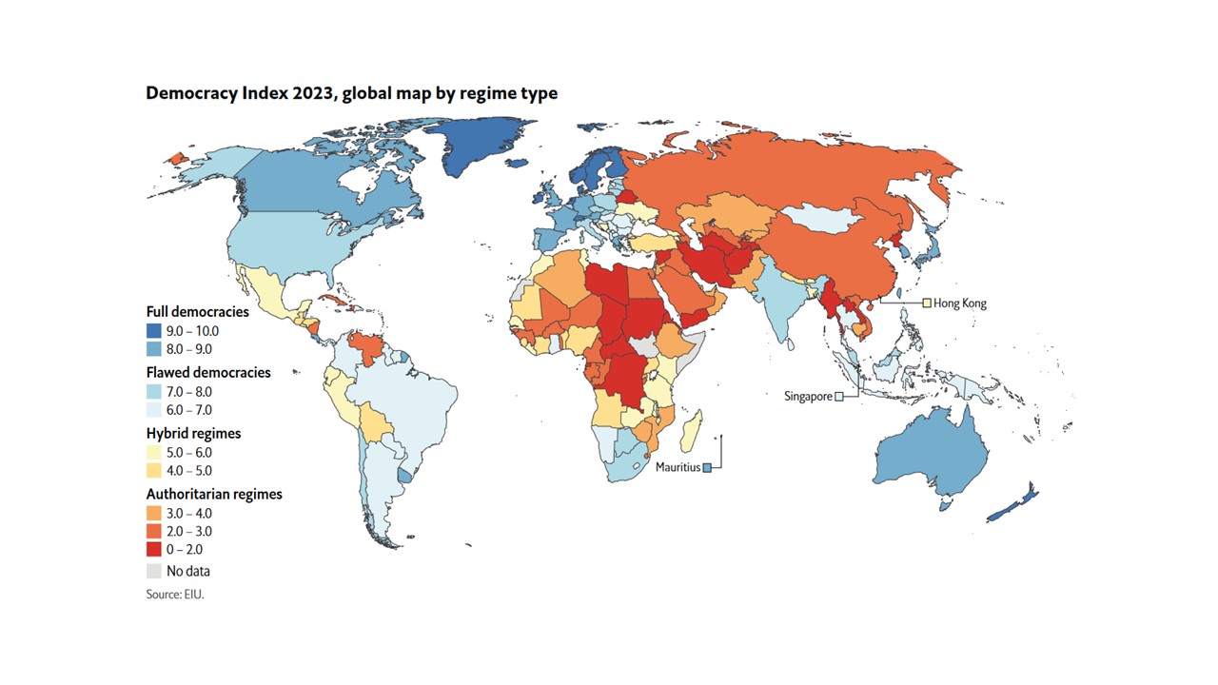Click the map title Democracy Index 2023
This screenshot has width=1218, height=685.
351,93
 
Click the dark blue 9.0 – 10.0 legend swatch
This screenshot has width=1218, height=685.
153,331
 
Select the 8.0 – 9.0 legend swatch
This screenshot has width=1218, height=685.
153,349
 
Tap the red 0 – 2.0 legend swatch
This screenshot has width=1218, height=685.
153,549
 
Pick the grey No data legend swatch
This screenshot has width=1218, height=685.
153,571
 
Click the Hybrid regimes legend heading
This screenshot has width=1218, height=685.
193,433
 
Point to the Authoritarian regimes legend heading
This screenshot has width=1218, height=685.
214,494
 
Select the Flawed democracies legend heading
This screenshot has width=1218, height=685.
208,372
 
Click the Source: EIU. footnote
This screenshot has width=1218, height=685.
175,594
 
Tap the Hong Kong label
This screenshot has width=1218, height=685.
960,303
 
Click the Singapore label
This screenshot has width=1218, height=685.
808,396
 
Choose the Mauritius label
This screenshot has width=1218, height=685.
678,467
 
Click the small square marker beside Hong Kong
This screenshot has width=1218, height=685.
926,303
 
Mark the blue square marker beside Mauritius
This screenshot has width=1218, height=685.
707,467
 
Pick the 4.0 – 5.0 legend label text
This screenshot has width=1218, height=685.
189,470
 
